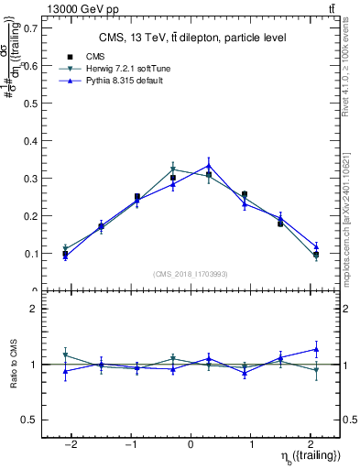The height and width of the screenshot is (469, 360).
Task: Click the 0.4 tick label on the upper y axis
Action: [x=31, y=140]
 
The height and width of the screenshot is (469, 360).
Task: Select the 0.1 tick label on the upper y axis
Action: [x=31, y=254]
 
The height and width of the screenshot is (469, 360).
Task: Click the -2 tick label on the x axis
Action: [x=71, y=445]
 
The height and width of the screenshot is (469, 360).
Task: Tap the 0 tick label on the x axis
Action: [x=191, y=445]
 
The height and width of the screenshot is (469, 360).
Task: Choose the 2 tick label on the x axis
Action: [x=311, y=445]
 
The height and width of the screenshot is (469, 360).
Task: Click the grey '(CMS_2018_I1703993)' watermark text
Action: [x=191, y=273]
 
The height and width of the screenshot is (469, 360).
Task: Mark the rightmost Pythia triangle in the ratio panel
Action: [x=316, y=349]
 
